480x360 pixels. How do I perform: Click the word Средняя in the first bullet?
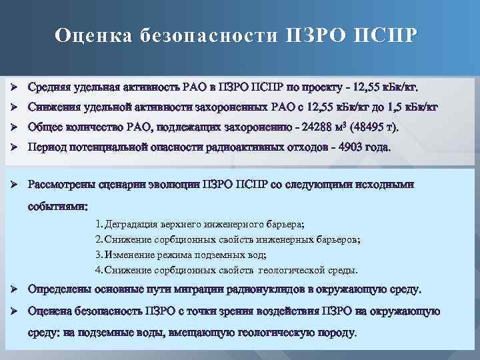(x=48, y=88)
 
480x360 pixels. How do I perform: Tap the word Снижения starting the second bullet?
(x=52, y=108)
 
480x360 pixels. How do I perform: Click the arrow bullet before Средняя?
(x=13, y=88)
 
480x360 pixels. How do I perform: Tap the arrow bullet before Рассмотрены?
(x=13, y=185)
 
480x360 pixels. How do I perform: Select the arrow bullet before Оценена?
(x=13, y=311)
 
